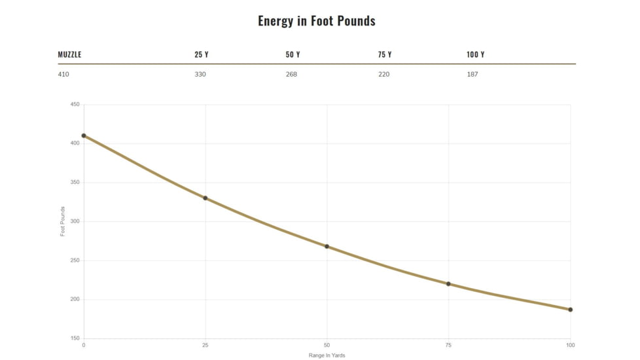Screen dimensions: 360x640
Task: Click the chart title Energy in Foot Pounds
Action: tap(317, 21)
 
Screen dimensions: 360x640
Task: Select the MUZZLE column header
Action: tap(69, 55)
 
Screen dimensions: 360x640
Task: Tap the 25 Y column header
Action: tap(202, 55)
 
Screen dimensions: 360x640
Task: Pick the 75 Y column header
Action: tap(385, 55)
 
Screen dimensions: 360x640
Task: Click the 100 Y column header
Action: tap(476, 55)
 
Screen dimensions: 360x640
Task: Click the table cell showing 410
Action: tap(63, 75)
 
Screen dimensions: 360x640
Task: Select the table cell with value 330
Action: tap(200, 75)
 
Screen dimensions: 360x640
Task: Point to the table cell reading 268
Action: tap(291, 75)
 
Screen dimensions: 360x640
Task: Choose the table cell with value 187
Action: tap(472, 75)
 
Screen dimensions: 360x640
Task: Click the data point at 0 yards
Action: tap(84, 135)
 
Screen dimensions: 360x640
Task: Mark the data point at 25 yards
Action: tap(205, 198)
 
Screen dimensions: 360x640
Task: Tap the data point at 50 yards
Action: tap(327, 247)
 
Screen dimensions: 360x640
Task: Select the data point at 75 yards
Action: tap(449, 284)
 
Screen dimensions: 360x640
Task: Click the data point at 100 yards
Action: tap(571, 310)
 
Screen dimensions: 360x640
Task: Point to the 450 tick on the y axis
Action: tap(75, 105)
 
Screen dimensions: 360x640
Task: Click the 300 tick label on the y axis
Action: tap(75, 222)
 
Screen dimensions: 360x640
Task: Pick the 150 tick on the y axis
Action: tap(75, 338)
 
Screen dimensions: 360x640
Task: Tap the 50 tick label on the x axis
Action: tap(327, 345)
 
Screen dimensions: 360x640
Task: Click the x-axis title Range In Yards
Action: tap(327, 355)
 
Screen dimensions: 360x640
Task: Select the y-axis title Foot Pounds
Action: tap(63, 221)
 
